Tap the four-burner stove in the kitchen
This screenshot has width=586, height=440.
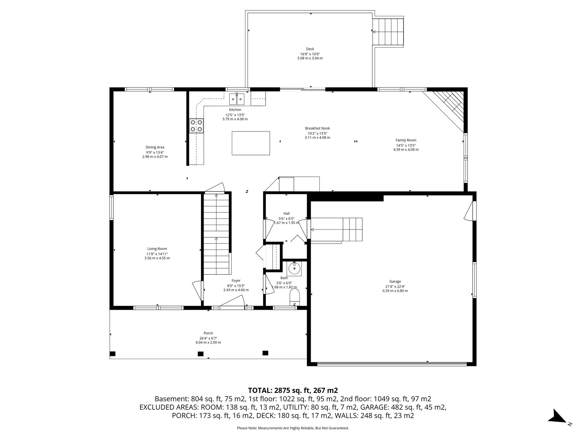pyautogui.click(x=196, y=126)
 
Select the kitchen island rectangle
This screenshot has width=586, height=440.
pyautogui.click(x=251, y=143)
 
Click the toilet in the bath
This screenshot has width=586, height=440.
pyautogui.click(x=295, y=297)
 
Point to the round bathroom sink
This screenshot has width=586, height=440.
pyautogui.click(x=294, y=268)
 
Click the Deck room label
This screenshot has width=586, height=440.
pyautogui.click(x=310, y=49)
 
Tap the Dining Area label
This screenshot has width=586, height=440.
pyautogui.click(x=155, y=147)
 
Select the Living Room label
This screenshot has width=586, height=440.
pyautogui.click(x=157, y=249)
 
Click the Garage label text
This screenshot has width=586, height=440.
pyautogui.click(x=395, y=281)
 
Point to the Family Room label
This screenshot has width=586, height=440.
pyautogui.click(x=406, y=140)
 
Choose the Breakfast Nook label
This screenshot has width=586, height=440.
pyautogui.click(x=317, y=128)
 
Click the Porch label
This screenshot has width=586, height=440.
pyautogui.click(x=208, y=333)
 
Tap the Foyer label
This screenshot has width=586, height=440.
pyautogui.click(x=236, y=281)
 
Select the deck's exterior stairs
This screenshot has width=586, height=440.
pyautogui.click(x=388, y=32)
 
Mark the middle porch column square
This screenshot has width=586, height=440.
pyautogui.click(x=201, y=354)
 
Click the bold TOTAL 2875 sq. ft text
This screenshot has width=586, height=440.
pyautogui.click(x=293, y=390)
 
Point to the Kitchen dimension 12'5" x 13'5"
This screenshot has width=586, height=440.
pyautogui.click(x=235, y=115)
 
